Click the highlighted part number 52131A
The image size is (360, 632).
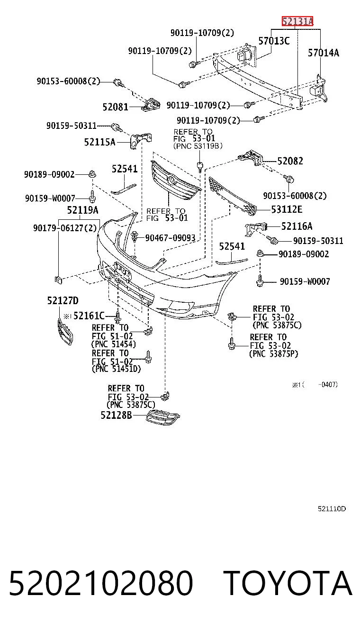pos(297,21)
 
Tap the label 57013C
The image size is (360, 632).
pos(274,41)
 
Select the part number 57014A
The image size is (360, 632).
pos(324,53)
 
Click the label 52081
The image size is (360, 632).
pos(116,107)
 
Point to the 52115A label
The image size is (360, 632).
pos(100,142)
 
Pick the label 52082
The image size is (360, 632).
pos(290,161)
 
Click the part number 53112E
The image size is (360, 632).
pos(287,209)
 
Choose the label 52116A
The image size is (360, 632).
pos(297,226)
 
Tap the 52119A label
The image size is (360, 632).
pos(83,210)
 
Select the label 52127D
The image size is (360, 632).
pos(63,301)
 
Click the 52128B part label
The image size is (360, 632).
pos(116,415)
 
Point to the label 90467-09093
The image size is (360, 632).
pos(170,238)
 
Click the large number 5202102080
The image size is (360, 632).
pos(101,583)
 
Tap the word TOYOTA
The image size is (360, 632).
pos(288,583)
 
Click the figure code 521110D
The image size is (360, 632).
pos(332,509)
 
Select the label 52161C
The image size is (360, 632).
pos(89,316)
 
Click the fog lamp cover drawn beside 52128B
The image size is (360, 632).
pos(163,417)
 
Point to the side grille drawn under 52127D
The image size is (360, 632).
pos(65,331)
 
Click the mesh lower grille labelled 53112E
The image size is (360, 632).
pos(233,196)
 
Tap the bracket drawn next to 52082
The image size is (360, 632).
pos(251,157)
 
